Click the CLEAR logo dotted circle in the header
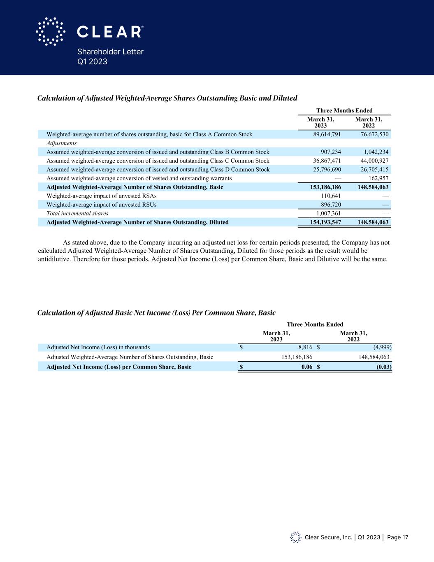coord(51,31)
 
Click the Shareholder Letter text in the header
coord(110,52)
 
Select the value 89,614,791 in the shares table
coord(324,135)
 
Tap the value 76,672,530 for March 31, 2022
coord(372,135)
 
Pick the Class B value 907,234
coord(330,152)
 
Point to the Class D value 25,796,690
coord(324,170)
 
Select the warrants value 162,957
coord(378,178)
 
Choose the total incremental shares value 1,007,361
coord(328,213)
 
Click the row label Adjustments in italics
coord(62,143)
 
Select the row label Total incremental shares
coord(77,213)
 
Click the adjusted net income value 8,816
coord(306,347)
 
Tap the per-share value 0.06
coord(306,367)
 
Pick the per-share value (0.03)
coord(384,367)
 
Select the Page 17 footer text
coord(397,537)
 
